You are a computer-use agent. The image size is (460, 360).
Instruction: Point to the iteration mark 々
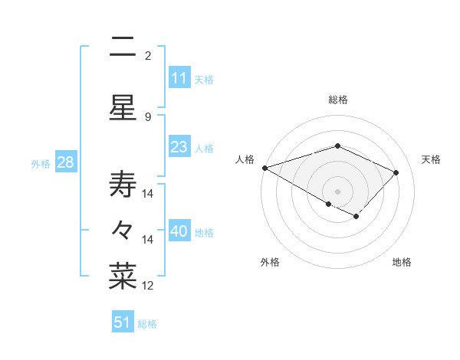[123, 228]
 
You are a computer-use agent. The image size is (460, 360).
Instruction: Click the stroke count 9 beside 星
[147, 116]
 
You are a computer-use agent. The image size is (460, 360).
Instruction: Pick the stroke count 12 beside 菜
[149, 286]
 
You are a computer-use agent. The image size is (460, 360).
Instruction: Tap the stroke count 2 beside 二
[147, 56]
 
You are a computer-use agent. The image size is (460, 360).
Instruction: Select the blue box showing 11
[179, 78]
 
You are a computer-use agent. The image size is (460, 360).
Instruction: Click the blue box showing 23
[179, 147]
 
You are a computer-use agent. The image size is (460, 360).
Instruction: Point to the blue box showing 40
[179, 232]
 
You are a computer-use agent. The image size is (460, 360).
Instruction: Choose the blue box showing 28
[65, 162]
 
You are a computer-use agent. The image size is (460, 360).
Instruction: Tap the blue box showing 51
[123, 322]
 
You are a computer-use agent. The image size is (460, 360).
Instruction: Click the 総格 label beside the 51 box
[147, 324]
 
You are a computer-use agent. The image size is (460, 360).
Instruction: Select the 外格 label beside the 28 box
[41, 164]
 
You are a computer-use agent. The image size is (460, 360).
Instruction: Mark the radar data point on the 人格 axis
[264, 168]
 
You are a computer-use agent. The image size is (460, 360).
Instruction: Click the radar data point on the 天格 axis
[396, 172]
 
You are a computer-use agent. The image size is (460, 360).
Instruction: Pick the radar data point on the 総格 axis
[337, 146]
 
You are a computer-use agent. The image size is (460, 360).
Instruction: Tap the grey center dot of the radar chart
[337, 191]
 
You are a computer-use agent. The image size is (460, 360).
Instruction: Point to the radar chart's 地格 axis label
[402, 262]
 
